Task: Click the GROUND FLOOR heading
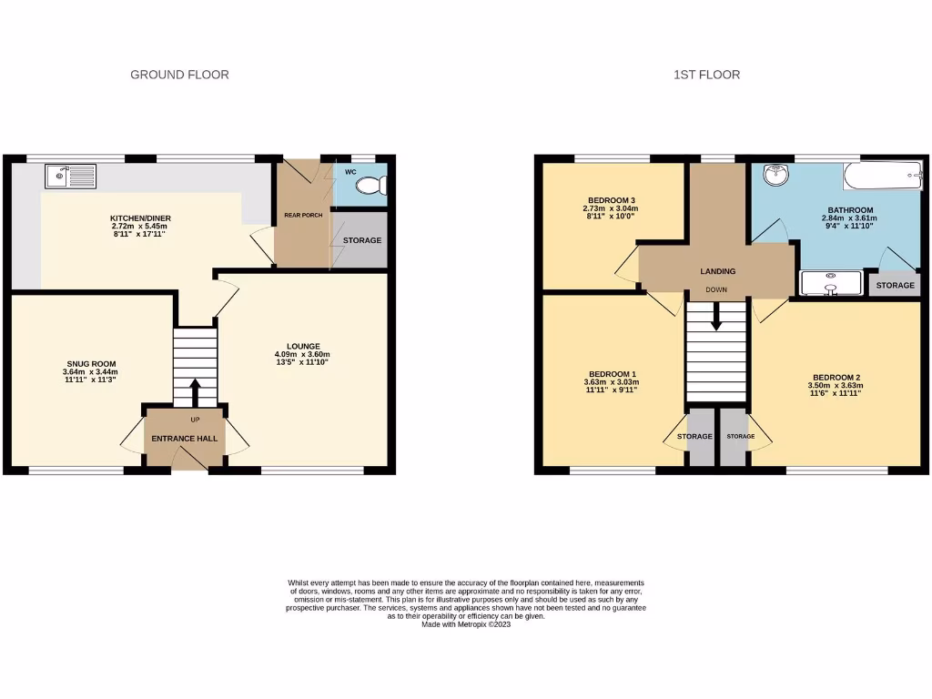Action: (x=179, y=75)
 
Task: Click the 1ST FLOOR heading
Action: (x=706, y=75)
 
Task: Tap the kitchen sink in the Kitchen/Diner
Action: (x=69, y=174)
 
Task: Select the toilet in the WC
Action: (x=371, y=186)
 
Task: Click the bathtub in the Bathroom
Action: (x=881, y=175)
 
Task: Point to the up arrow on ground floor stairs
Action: (x=195, y=391)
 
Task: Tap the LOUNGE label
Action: (x=303, y=346)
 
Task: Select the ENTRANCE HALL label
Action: (x=184, y=439)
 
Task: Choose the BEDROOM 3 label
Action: (x=611, y=200)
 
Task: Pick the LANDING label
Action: (x=717, y=271)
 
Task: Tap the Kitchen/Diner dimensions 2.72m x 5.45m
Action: (x=140, y=228)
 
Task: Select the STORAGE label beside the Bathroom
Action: (x=896, y=286)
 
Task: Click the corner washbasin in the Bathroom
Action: (x=775, y=174)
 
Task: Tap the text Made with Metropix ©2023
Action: (x=466, y=624)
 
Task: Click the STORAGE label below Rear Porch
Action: (x=361, y=240)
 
